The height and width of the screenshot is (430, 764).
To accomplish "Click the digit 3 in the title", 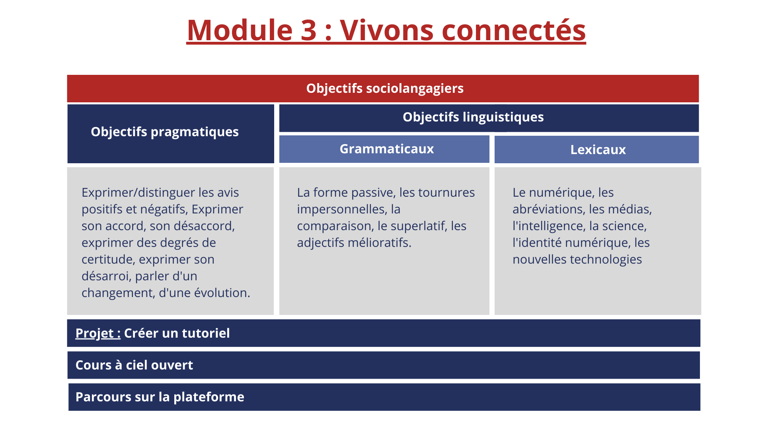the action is [x=309, y=30].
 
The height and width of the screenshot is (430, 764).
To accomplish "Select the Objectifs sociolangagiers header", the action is [x=385, y=88].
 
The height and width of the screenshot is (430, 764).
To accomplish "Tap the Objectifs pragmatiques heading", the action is [x=165, y=132].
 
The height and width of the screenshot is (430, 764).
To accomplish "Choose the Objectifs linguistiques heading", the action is [x=473, y=117].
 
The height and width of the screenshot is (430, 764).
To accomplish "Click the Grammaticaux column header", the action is [x=386, y=149].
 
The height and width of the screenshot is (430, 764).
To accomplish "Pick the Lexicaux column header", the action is [x=598, y=150].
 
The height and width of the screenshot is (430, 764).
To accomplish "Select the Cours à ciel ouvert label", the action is [x=134, y=365].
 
